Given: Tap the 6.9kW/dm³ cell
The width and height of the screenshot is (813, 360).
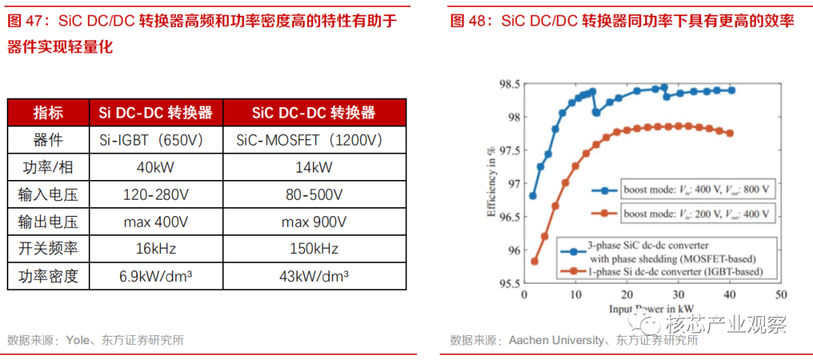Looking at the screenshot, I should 156,276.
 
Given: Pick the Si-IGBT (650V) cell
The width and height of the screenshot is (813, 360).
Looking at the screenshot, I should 156,140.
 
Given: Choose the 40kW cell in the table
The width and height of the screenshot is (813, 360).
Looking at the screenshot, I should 156,167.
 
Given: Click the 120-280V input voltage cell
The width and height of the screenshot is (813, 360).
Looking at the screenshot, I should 156,194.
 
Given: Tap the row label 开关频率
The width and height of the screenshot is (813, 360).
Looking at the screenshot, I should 48,249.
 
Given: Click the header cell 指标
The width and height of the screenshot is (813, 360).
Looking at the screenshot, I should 48,113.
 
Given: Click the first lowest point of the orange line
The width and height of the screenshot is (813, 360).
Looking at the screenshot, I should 534,261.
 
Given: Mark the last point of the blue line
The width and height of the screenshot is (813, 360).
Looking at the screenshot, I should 731,90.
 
